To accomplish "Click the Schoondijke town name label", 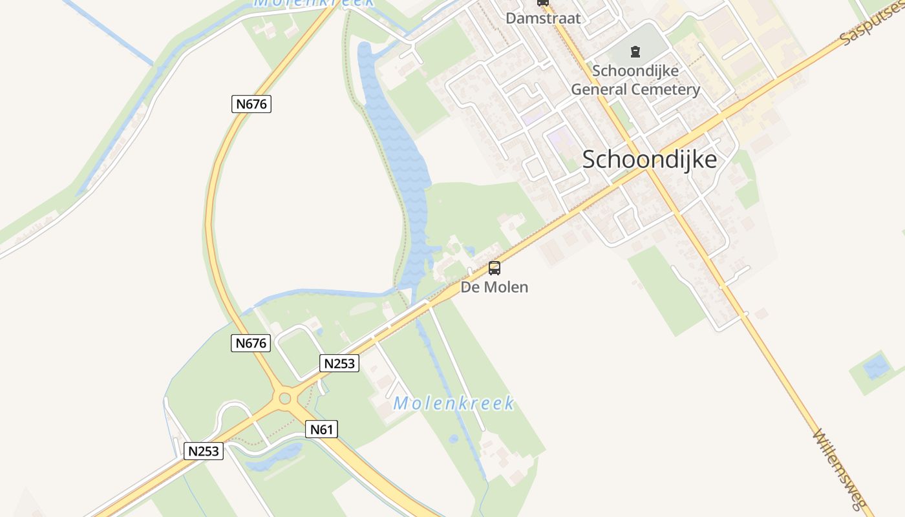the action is pos(650,159).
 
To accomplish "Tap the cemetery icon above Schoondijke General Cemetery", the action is pos(635,51).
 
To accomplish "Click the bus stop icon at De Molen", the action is pos(495,268).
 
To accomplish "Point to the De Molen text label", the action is pos(495,287).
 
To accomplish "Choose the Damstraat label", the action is pos(543,18).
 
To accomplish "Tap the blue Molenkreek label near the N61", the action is pos(454,404).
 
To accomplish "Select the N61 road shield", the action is pos(321,429).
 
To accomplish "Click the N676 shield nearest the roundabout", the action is pos(250,343).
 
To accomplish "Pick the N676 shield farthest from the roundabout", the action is pos(251,103).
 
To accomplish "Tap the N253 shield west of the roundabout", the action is pos(204,450).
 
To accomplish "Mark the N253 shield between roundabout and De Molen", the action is pos(339,363).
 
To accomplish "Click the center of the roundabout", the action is pos(284,398).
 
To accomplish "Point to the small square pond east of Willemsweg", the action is pos(877,367).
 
